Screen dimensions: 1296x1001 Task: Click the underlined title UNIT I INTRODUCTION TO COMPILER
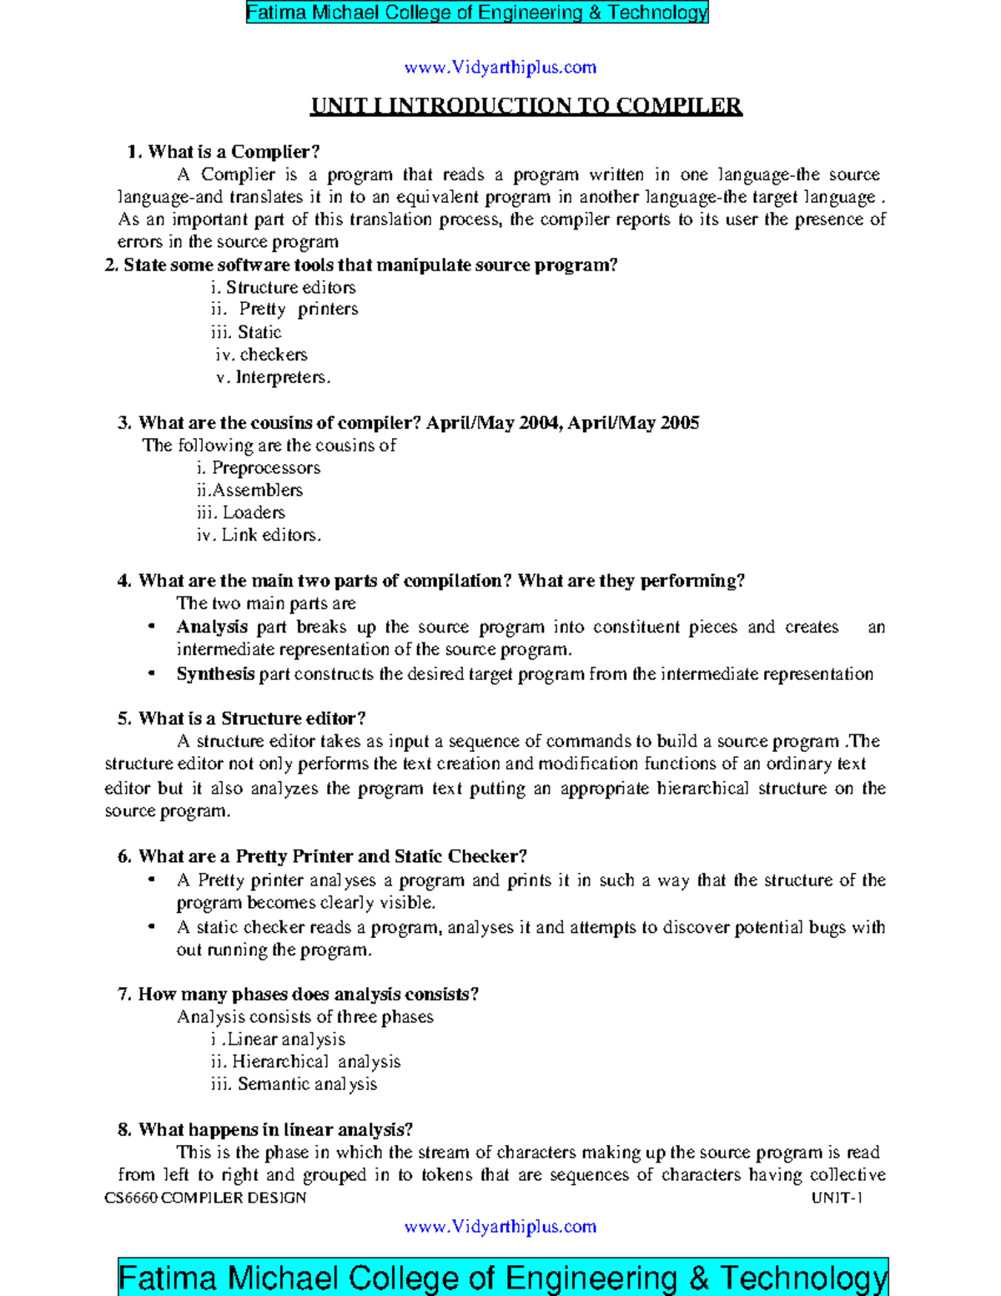tap(526, 106)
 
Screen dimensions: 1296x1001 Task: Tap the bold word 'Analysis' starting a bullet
tap(212, 627)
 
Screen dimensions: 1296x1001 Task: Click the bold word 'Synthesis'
tap(215, 674)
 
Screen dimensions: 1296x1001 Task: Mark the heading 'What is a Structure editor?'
tap(252, 719)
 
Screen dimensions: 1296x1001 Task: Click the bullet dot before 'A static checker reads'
tap(151, 927)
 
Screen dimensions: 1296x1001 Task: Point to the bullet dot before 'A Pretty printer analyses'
tap(151, 880)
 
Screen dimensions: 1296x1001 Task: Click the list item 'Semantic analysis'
tap(307, 1085)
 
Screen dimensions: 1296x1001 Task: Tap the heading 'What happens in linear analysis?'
tap(275, 1130)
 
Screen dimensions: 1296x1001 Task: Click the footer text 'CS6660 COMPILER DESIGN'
tap(205, 1198)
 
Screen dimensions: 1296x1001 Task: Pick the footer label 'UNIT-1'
tap(837, 1198)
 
